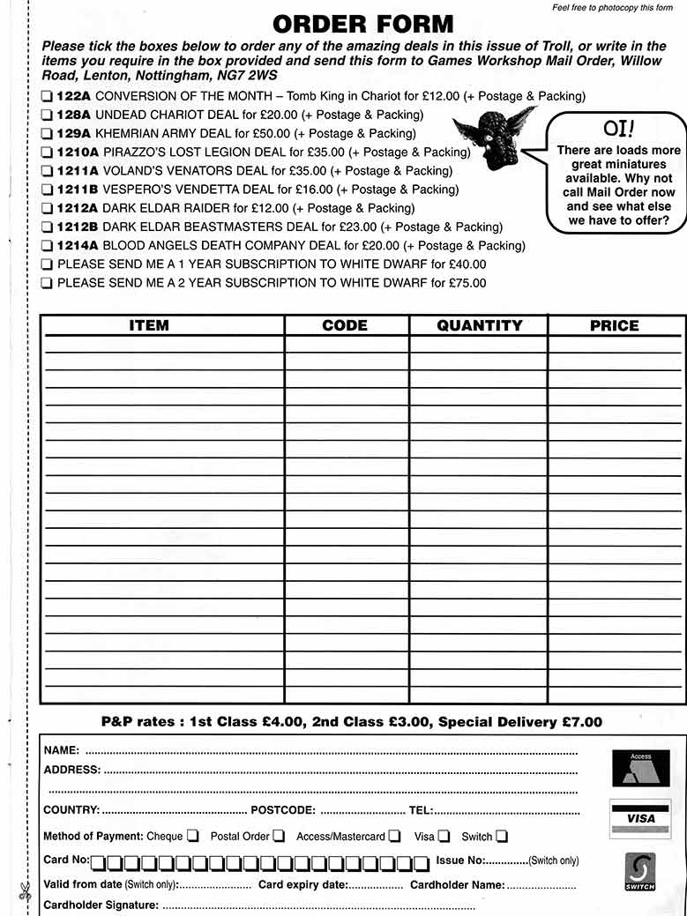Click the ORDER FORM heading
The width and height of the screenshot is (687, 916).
[x=362, y=24]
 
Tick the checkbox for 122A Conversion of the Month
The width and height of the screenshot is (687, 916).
[x=46, y=96]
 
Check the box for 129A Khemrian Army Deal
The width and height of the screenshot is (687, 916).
[x=46, y=134]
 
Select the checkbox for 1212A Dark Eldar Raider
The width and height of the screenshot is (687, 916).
[x=46, y=209]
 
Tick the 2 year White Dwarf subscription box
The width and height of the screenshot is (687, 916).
[x=46, y=284]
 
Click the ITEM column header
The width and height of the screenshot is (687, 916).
[x=149, y=326]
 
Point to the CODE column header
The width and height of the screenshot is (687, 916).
[x=345, y=326]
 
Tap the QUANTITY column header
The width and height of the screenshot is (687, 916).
[x=479, y=326]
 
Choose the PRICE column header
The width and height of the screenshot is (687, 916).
[x=614, y=326]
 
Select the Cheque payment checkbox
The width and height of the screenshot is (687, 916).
[x=192, y=836]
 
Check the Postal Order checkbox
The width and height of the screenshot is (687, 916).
[x=279, y=836]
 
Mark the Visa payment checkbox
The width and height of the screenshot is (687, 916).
[x=444, y=836]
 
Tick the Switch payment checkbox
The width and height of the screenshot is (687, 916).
[x=501, y=836]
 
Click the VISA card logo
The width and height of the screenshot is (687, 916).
[x=640, y=819]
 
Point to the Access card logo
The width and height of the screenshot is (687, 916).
[x=640, y=768]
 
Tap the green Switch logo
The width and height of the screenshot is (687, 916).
[x=640, y=872]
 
